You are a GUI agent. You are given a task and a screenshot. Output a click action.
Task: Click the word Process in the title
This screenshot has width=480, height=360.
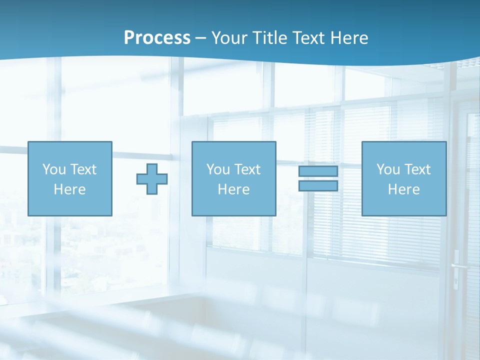click(x=157, y=38)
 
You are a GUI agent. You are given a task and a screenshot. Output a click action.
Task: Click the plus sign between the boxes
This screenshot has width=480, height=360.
click(x=152, y=178)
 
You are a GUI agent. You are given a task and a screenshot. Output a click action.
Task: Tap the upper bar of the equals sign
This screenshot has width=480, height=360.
click(x=318, y=171)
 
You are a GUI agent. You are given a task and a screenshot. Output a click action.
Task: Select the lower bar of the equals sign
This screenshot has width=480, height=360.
click(x=318, y=185)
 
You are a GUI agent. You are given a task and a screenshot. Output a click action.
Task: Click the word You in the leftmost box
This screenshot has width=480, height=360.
click(x=54, y=169)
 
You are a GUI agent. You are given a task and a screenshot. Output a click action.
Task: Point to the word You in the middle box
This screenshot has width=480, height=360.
click(x=218, y=169)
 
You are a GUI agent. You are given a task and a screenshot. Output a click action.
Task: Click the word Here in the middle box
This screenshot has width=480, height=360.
click(x=234, y=189)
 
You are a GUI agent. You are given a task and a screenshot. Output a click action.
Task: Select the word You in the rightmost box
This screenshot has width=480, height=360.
click(x=388, y=169)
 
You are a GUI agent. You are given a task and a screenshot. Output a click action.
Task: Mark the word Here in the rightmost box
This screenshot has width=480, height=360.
click(x=404, y=189)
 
